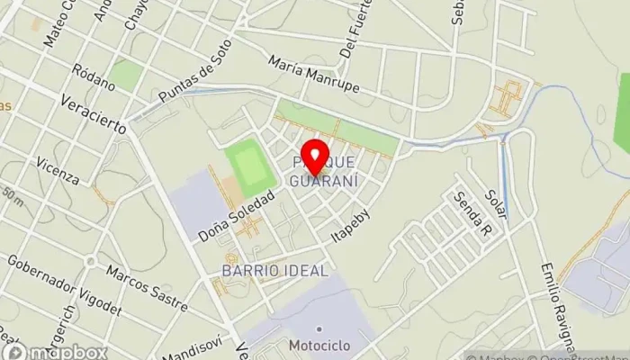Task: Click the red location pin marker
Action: tap(314, 157)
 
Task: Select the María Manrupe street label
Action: tap(313, 74)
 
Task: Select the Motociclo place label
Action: tap(320, 346)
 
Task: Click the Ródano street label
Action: tap(96, 79)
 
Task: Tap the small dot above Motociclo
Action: tap(319, 328)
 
